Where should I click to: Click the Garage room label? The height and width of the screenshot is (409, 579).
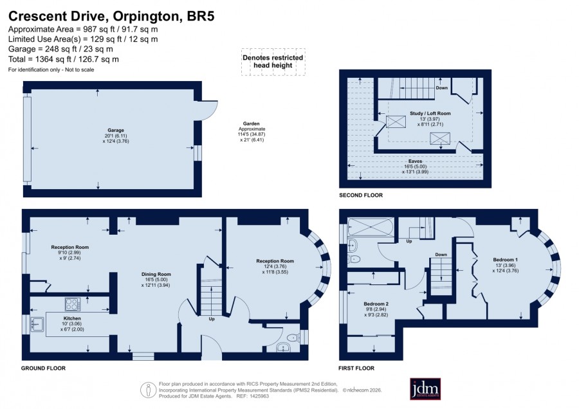click(116, 131)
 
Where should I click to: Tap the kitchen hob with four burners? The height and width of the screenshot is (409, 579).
click(72, 304)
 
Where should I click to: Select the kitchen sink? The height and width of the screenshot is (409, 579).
click(37, 324)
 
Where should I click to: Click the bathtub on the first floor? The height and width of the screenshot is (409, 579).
click(371, 227)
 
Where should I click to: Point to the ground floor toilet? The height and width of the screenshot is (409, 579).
click(293, 336)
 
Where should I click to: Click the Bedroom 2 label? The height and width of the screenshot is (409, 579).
click(376, 304)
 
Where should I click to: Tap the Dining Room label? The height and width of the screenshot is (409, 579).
click(156, 274)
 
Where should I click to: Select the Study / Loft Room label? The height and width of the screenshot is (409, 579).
click(430, 113)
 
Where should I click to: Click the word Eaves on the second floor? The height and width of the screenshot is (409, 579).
click(416, 161)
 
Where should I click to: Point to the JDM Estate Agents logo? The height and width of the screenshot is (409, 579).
click(425, 388)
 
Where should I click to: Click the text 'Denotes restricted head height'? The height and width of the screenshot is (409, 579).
click(273, 61)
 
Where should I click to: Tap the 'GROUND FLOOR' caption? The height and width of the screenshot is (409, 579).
click(43, 368)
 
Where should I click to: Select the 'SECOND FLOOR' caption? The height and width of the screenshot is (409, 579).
click(361, 195)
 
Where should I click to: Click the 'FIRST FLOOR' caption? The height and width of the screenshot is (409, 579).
click(356, 368)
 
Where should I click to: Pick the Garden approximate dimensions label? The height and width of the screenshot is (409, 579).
click(251, 132)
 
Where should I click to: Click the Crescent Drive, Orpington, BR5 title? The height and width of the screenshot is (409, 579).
click(111, 17)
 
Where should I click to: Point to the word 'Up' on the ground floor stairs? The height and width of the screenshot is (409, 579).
click(212, 319)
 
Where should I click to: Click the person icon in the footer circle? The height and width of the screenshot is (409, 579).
click(149, 390)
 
